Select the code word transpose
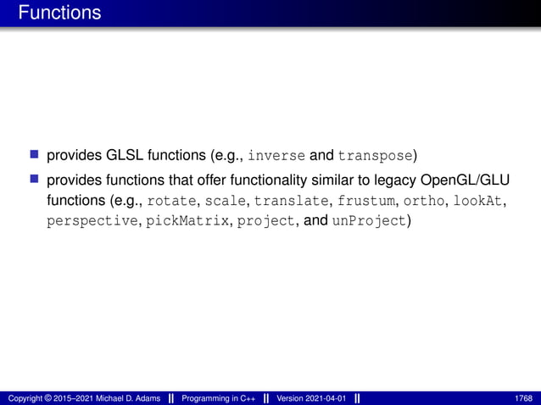[x=376, y=156]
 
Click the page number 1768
[x=523, y=397]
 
